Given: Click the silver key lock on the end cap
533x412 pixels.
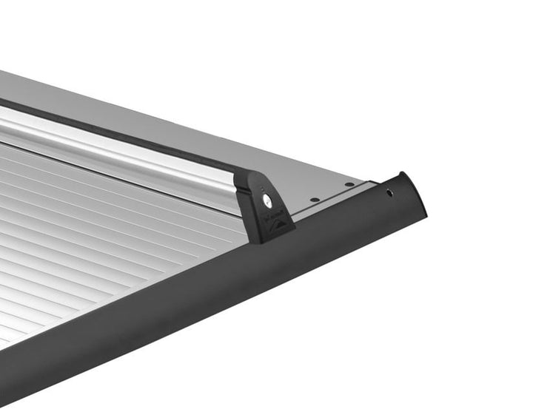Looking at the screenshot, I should point(266,200).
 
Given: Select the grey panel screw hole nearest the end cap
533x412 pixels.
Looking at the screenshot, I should point(315,199).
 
